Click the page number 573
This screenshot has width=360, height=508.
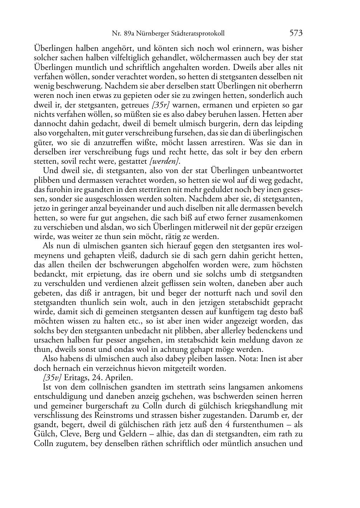click(x=296, y=33)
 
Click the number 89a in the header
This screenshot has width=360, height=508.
click(x=130, y=34)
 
